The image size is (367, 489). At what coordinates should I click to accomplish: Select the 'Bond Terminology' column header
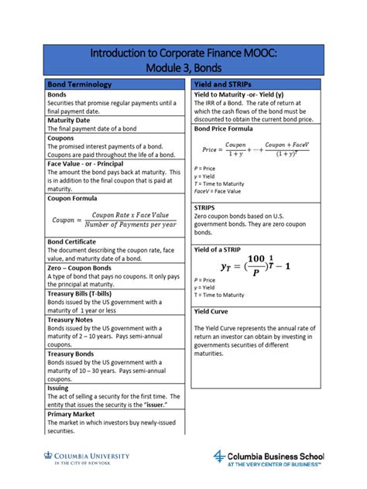coord(80,84)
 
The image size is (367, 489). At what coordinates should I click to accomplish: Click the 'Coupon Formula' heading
coord(77,198)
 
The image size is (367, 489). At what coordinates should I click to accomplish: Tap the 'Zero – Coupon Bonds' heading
coord(83,268)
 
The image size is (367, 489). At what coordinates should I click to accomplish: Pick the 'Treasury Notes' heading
coord(70,320)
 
